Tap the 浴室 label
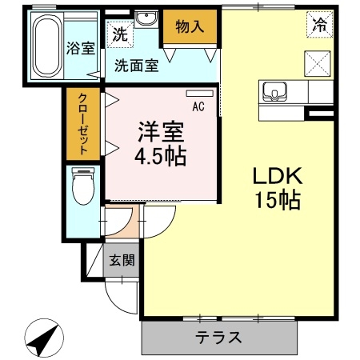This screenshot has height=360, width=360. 80,47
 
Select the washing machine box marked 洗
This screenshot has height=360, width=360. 118,35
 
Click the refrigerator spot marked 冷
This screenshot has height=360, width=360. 318,25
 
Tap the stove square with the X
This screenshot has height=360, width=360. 318,61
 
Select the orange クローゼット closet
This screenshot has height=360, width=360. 82,124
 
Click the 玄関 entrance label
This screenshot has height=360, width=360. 122,260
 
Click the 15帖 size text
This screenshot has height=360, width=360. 277,201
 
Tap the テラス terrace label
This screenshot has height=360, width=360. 219,337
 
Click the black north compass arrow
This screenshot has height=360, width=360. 42,338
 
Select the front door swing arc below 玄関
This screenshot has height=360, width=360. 120,300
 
